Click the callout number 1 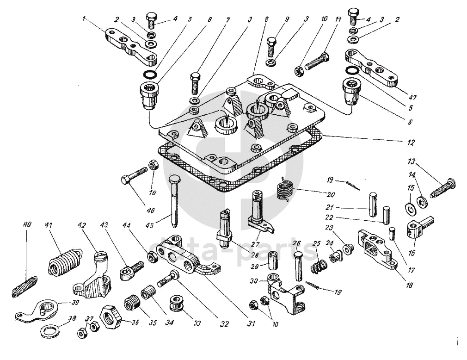tap(84, 19)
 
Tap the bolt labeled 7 tap(196, 83)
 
